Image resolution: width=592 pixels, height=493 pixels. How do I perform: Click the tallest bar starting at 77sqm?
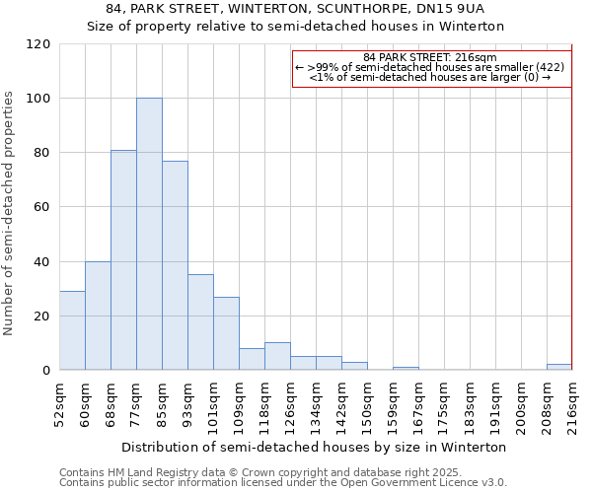149,235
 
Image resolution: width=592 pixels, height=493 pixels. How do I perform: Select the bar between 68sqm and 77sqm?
123,260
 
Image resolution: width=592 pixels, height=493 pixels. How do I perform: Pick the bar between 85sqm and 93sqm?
175,265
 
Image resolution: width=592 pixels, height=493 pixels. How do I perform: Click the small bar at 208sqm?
558,367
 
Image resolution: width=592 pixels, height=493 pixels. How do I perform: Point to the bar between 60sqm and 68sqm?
98,316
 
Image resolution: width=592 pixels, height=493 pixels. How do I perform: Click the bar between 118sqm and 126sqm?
277,356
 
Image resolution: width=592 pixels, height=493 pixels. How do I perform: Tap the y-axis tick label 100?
38,99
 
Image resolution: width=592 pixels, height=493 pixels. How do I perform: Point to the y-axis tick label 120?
38,44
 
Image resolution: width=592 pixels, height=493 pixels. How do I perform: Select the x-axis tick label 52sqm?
59,404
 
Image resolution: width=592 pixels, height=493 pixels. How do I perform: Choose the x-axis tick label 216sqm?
571,404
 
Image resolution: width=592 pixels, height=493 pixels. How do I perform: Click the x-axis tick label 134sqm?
316,404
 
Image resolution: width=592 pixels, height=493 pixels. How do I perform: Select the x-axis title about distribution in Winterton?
315,447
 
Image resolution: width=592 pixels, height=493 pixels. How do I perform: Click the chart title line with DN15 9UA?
295,9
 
